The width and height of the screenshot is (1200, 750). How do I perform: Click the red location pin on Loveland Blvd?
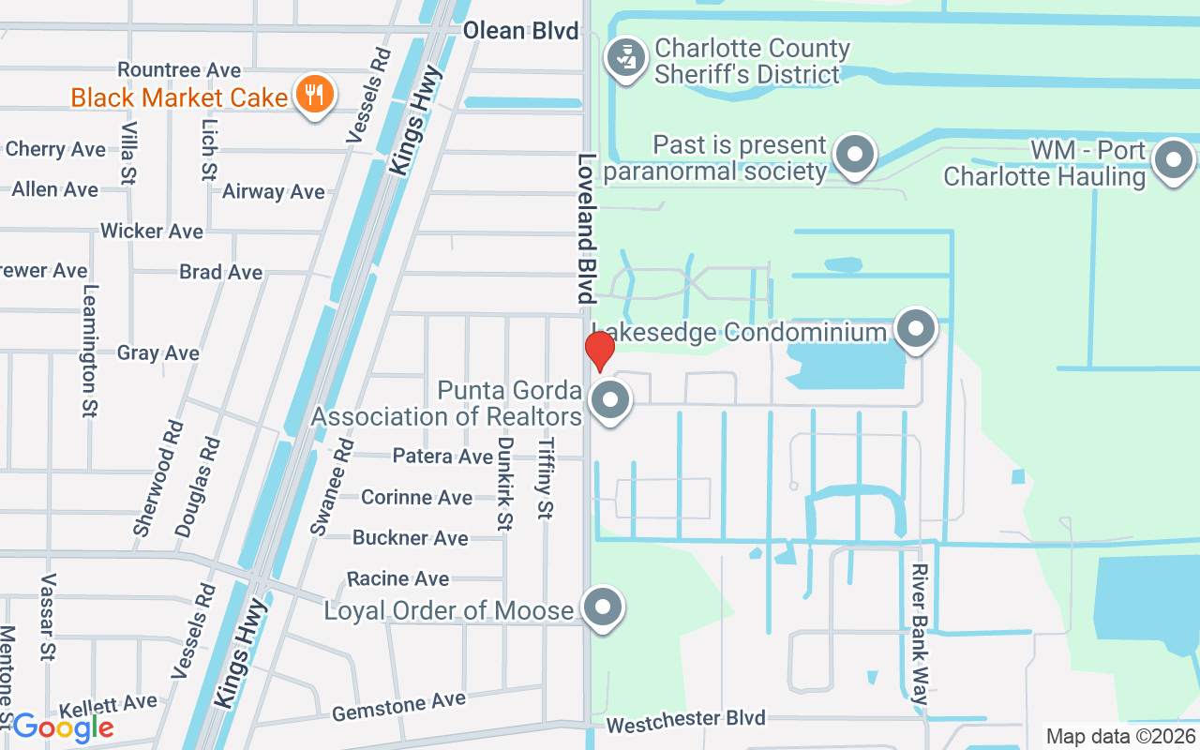click(x=599, y=350)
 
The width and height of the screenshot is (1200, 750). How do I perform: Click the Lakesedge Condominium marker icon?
click(x=916, y=329)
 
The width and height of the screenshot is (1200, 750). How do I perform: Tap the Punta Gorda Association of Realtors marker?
click(x=611, y=400)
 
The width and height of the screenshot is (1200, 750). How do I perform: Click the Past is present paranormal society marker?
click(x=854, y=155)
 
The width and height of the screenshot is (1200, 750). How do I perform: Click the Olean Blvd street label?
click(x=521, y=31)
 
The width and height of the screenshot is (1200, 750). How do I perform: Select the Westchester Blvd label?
click(x=685, y=721)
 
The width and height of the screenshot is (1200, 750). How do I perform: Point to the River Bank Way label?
click(x=921, y=634)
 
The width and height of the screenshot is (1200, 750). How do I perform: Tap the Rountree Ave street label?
click(x=179, y=70)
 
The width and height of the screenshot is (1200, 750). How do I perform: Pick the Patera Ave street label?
click(x=442, y=457)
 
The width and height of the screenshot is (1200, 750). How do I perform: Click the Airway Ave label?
click(x=274, y=192)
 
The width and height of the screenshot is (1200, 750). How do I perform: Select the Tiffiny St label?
click(x=546, y=478)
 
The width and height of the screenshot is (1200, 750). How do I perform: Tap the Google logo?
click(x=63, y=727)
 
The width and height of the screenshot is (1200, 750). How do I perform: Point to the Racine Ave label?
click(x=398, y=578)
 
